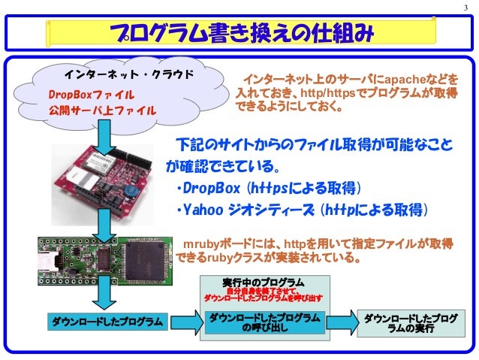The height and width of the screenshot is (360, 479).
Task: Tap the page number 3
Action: (x=466, y=9)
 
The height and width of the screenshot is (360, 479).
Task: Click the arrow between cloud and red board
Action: (x=107, y=136)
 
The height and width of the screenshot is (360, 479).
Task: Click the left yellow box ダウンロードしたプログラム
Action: (x=107, y=322)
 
